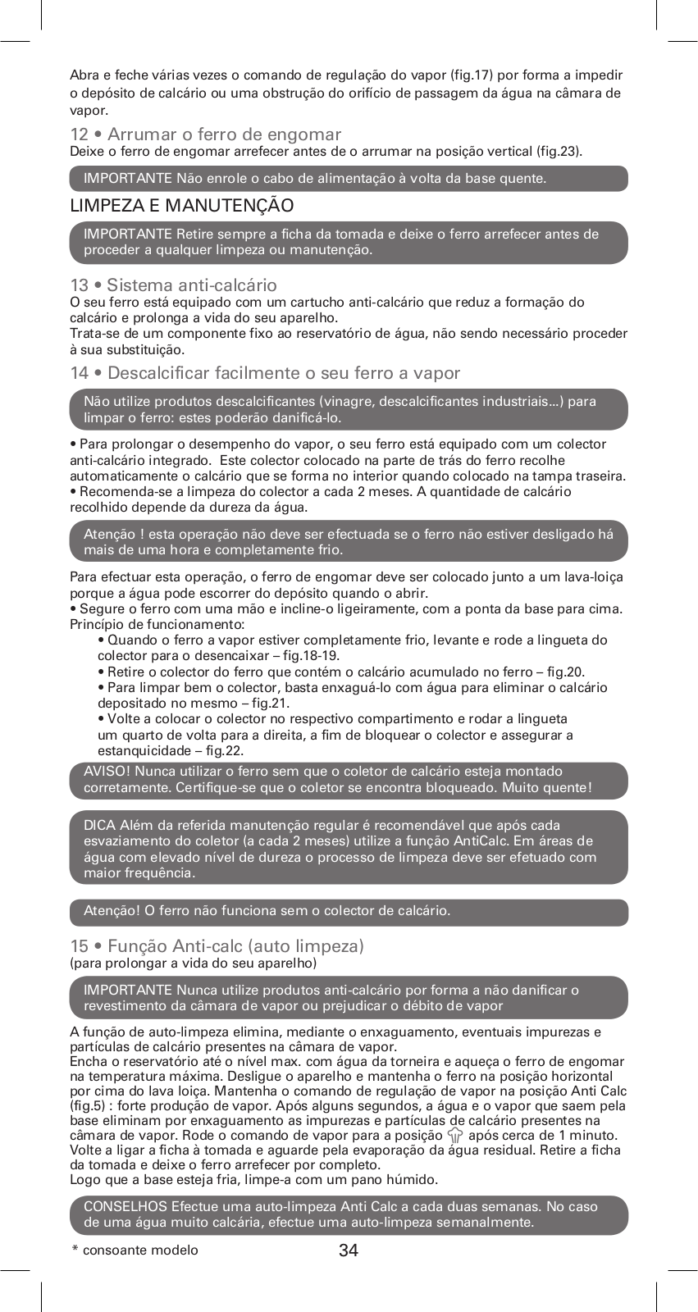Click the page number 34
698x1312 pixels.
[x=349, y=1250]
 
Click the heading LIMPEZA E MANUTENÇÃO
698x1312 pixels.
[x=181, y=205]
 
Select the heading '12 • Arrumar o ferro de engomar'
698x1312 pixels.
[x=205, y=134]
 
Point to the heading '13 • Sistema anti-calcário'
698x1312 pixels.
[x=173, y=285]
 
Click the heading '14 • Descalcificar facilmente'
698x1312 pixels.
[x=265, y=373]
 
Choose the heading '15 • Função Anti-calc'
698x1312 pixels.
[x=217, y=946]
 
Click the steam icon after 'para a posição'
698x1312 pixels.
[x=455, y=1136]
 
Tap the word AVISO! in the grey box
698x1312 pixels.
[x=107, y=772]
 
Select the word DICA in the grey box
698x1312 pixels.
[x=100, y=825]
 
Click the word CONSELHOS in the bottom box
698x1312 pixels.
[x=125, y=1206]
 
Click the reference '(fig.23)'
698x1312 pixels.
[x=558, y=151]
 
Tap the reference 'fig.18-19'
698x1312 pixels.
[x=310, y=655]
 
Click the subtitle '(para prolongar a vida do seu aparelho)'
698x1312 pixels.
[x=193, y=963]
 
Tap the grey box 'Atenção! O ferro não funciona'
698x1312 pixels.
[x=349, y=911]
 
